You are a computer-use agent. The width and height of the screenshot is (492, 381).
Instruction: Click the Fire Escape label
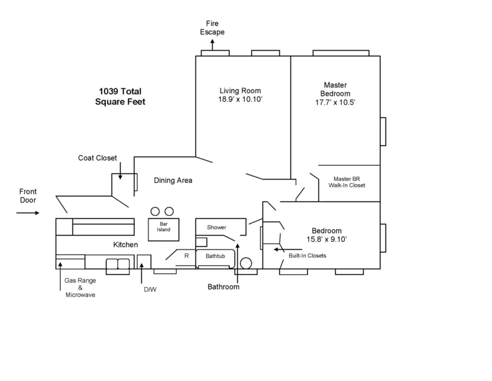[x=212, y=27]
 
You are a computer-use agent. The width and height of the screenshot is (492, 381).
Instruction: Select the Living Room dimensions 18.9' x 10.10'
[x=240, y=100]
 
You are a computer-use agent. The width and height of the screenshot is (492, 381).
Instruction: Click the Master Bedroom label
[x=335, y=93]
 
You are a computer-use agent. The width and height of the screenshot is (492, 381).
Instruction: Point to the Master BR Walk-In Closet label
[x=347, y=182]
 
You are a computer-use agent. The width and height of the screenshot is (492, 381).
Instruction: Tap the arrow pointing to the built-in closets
[x=279, y=250]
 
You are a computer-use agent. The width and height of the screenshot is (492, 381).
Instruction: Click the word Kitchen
[x=126, y=244]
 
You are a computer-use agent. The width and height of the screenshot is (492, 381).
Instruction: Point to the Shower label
[x=216, y=227]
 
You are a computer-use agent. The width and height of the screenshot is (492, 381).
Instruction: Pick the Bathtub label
[x=215, y=255]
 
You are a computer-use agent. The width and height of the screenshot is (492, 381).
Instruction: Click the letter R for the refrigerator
[x=186, y=255]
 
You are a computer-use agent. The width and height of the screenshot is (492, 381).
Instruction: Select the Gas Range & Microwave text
[x=80, y=287]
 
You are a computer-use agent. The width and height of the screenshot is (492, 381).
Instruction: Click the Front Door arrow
[x=28, y=213]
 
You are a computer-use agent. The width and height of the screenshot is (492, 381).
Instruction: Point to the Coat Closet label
[x=98, y=158]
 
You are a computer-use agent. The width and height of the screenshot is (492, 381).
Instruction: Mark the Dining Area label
[x=173, y=180]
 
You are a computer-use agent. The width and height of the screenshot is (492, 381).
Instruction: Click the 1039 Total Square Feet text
[x=120, y=96]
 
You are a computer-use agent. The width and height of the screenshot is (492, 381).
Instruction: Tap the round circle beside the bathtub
[x=245, y=262]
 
